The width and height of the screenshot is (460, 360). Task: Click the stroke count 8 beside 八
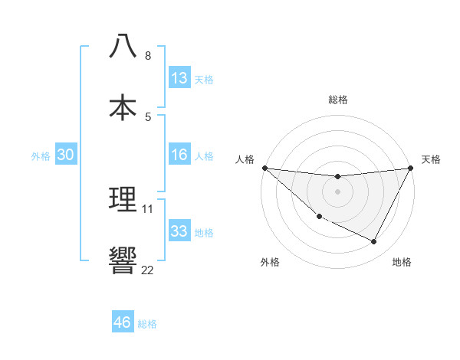pos(148,56)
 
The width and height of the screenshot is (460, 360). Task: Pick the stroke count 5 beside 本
pos(148,116)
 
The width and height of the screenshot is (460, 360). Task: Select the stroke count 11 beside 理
pos(148,209)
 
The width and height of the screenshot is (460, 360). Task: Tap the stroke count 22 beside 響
pos(148,270)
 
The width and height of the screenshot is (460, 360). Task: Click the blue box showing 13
pos(179,78)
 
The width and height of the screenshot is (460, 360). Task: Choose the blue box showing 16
pos(179,155)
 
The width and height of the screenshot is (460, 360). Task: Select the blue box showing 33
pos(179,231)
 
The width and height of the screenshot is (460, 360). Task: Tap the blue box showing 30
pos(66,155)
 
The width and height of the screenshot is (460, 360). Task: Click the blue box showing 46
pos(123,322)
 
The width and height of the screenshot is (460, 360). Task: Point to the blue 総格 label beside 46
pos(147,324)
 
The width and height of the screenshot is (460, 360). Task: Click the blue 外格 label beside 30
pos(41,156)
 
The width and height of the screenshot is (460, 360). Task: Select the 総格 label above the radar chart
pos(337,100)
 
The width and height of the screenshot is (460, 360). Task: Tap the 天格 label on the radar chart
pos(431,159)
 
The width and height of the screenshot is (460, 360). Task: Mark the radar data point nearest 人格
pos(264,168)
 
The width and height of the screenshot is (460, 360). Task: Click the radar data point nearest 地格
pos(374,242)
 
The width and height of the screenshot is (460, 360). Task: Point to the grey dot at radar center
pos(337,191)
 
